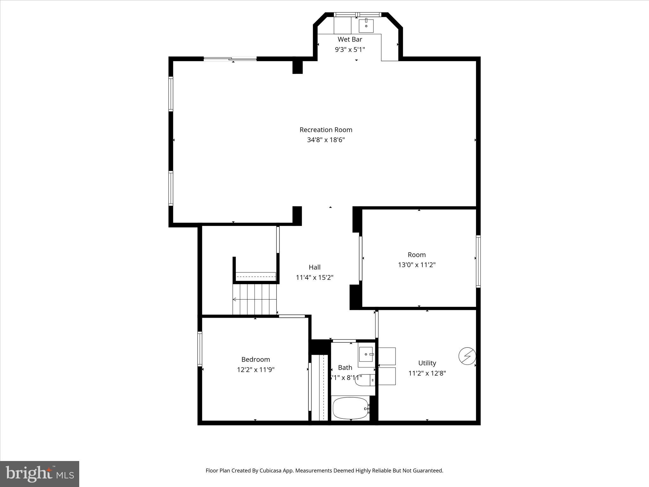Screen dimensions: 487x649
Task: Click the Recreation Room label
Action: point(326,130)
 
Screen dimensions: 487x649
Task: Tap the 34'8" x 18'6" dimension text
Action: point(326,140)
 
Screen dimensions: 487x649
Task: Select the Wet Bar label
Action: point(350,39)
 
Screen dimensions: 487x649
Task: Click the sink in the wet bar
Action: point(366,26)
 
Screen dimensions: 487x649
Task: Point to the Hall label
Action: point(315,267)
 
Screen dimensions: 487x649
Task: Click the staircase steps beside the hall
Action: point(255,299)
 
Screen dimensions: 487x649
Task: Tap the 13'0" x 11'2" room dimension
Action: point(417,265)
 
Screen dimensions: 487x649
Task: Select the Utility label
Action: point(427,363)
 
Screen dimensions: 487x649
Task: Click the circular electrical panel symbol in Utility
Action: point(467,356)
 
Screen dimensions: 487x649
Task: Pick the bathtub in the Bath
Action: point(350,408)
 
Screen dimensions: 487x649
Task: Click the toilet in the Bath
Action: point(364,380)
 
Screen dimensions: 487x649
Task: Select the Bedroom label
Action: point(255,359)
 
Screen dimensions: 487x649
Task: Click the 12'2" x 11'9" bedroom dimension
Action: point(255,370)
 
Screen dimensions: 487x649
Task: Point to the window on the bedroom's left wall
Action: point(200,349)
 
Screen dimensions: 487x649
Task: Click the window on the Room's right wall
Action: point(478,261)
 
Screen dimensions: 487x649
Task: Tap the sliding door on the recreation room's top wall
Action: point(230,59)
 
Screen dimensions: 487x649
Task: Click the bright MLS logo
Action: point(40,474)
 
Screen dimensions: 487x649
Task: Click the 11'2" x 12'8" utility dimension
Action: point(427,373)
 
